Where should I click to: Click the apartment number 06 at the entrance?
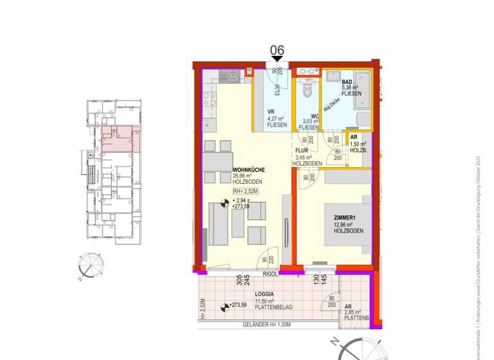[277, 50]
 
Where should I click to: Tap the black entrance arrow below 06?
[277, 60]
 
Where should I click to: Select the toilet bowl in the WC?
[307, 90]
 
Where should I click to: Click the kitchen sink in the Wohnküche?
[231, 76]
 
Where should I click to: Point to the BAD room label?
[347, 82]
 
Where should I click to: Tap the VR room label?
[271, 111]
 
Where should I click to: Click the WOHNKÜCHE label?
[248, 170]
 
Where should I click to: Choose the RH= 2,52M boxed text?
[248, 191]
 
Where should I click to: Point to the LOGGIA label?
[264, 294]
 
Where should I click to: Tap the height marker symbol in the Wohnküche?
[224, 204]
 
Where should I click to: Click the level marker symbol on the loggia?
[223, 305]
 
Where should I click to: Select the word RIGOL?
[270, 274]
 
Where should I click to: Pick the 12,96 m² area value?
[344, 224]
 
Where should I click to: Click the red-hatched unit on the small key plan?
[120, 138]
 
